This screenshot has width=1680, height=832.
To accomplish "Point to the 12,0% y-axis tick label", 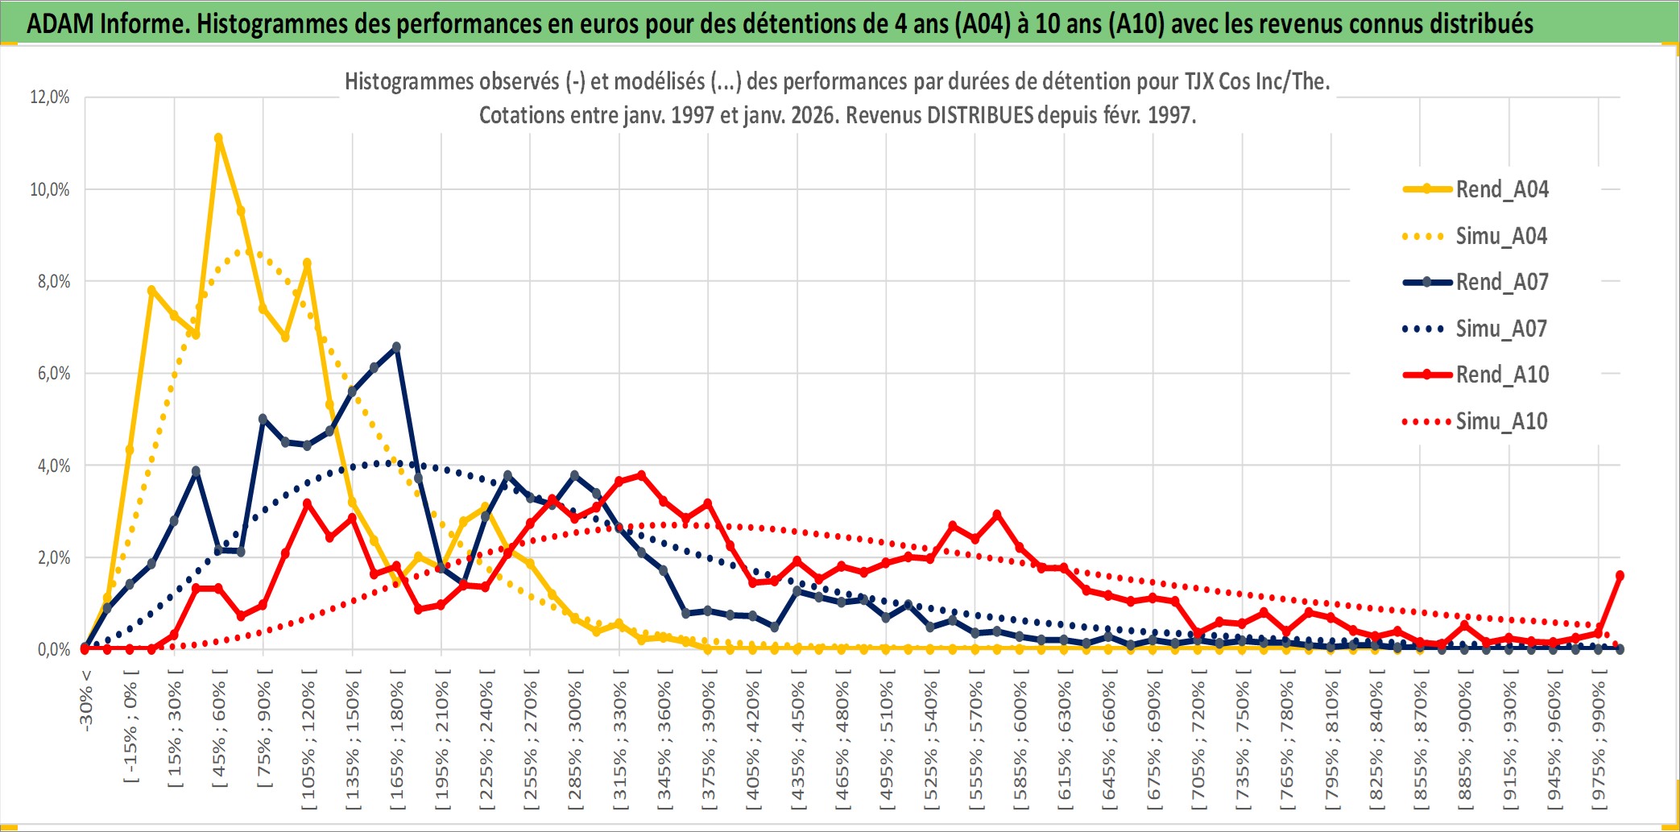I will click(x=50, y=97).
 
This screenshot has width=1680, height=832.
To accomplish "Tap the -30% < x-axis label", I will click(x=86, y=700).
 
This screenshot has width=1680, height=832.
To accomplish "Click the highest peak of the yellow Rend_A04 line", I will click(x=218, y=139).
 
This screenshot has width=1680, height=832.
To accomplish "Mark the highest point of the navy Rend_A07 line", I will click(x=396, y=347).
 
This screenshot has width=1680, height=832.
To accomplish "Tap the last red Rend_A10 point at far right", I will click(x=1620, y=576).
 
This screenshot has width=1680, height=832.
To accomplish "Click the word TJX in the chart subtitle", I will click(x=1199, y=81).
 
